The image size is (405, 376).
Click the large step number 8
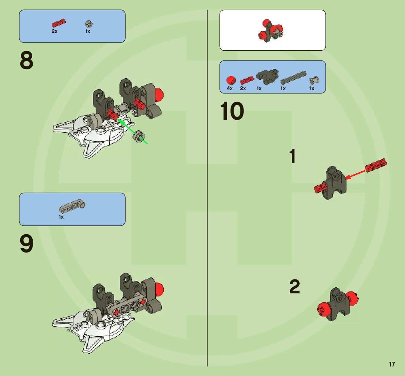tap(27, 61)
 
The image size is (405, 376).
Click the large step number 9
tap(27, 244)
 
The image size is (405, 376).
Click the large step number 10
tap(232, 112)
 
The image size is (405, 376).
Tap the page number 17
tap(392, 364)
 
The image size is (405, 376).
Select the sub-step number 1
tap(292, 157)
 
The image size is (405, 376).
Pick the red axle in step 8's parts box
tap(58, 23)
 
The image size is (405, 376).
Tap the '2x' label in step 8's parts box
tap(54, 31)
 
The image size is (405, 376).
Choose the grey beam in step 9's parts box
tap(72, 205)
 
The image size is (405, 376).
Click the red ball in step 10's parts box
tap(231, 80)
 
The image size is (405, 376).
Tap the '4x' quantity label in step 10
tap(230, 88)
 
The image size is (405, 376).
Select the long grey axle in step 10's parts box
tap(293, 78)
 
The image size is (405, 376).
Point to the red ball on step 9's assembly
tap(159, 289)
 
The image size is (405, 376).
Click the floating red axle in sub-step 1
tap(376, 165)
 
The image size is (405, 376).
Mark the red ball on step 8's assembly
tap(158, 94)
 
